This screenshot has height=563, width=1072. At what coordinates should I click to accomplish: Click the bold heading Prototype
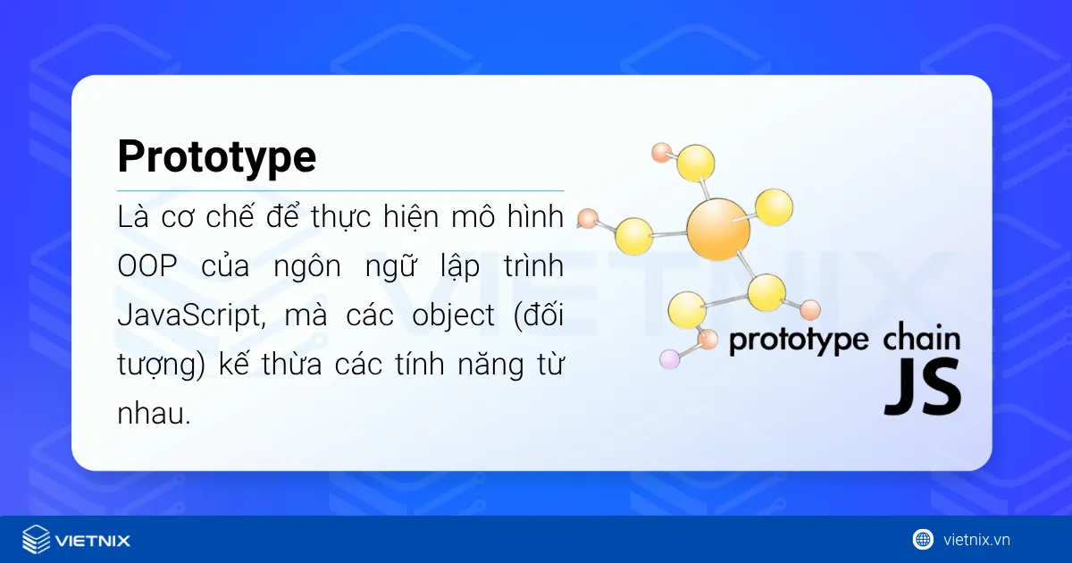(216, 158)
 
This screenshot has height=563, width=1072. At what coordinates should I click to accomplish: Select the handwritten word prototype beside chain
(799, 341)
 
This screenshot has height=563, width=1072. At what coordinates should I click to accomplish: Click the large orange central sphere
(718, 230)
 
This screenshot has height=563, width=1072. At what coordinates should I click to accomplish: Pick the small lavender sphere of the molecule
(669, 360)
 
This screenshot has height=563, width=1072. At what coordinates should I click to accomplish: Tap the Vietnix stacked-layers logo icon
(37, 539)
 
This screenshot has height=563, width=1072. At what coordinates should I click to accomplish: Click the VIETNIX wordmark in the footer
(93, 540)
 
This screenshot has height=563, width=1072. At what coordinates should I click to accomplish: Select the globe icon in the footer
(923, 539)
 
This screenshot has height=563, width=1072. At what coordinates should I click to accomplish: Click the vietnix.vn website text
(976, 540)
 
